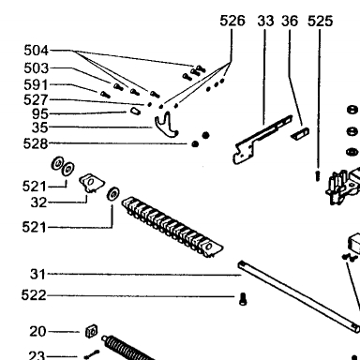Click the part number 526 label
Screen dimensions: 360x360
[232, 21]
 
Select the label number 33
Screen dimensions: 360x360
[265, 21]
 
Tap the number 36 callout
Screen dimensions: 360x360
[290, 21]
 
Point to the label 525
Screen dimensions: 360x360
[320, 21]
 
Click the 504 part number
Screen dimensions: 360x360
[37, 51]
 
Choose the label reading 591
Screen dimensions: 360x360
[37, 85]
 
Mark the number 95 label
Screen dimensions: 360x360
[40, 113]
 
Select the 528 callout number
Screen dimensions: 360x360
[36, 143]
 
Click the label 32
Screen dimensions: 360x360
[38, 202]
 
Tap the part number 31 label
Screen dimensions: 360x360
[37, 274]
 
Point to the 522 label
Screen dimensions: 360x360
[34, 295]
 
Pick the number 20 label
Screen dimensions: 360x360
[37, 331]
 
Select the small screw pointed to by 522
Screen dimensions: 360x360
[243, 299]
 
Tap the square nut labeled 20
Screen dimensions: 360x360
[91, 331]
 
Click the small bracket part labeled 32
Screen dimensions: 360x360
[92, 183]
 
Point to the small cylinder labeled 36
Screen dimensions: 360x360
[300, 134]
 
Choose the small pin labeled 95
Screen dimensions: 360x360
[135, 111]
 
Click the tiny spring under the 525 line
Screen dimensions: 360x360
[318, 175]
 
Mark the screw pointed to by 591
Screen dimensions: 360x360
[105, 94]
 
